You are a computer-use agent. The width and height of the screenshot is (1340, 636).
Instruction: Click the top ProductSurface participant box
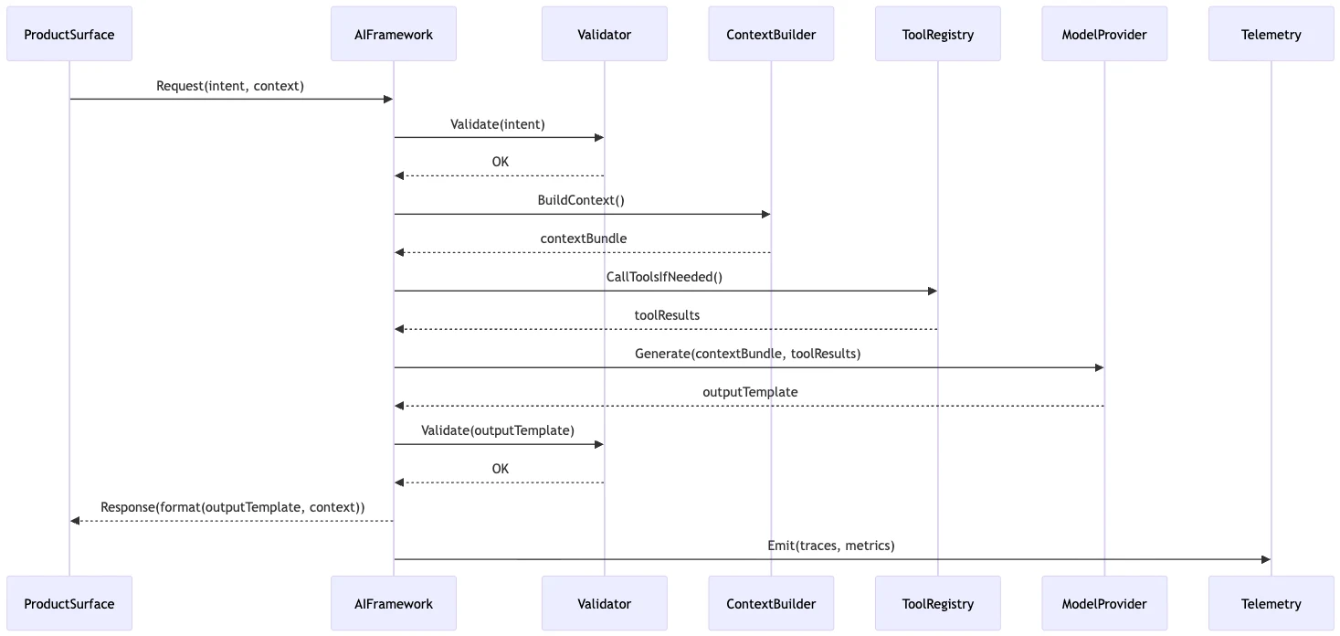click(69, 35)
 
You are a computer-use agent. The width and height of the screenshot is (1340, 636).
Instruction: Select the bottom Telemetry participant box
click(1271, 603)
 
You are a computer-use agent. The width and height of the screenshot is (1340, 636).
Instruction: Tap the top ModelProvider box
click(1103, 35)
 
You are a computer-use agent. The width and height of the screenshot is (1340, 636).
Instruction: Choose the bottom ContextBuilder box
click(771, 603)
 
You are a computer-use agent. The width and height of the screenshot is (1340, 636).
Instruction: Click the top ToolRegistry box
click(937, 35)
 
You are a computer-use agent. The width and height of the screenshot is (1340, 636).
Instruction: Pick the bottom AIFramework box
click(394, 603)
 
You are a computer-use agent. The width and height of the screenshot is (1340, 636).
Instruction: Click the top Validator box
click(604, 35)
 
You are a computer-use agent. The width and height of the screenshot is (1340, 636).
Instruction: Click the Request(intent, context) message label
click(230, 86)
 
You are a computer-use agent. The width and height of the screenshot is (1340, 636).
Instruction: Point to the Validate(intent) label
click(498, 124)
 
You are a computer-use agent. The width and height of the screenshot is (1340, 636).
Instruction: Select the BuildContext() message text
click(581, 200)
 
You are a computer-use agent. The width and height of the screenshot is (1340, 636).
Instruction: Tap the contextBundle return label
click(583, 238)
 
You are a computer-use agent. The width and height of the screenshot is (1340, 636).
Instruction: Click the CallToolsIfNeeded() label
click(664, 277)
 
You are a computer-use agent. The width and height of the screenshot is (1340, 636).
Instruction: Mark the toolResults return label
click(667, 315)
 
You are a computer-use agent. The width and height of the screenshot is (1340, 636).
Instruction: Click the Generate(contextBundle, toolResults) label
click(747, 354)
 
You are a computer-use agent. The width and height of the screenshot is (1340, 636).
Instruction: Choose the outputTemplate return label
click(750, 392)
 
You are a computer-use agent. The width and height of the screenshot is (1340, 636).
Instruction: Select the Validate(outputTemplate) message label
click(498, 430)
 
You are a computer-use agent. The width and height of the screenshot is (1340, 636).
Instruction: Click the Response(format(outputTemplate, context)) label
click(232, 507)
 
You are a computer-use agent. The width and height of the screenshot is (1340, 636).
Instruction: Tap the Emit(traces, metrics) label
click(830, 546)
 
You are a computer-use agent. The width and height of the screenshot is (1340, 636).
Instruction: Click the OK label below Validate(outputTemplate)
click(500, 469)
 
